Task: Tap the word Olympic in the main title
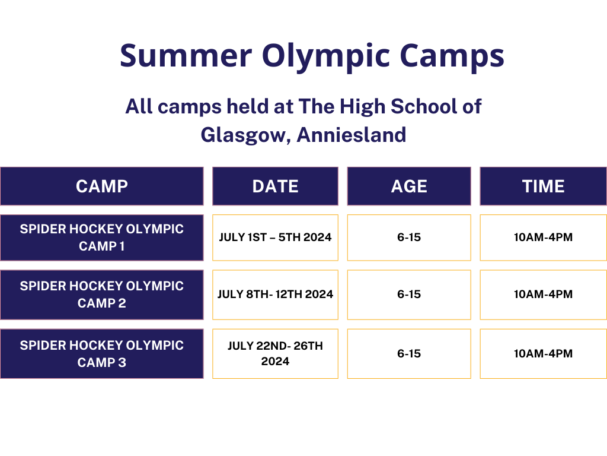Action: click(x=326, y=58)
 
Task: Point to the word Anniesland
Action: click(x=352, y=135)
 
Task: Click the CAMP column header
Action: click(x=102, y=186)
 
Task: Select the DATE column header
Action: click(x=275, y=186)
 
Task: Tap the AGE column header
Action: click(x=409, y=186)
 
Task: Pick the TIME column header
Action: click(x=543, y=186)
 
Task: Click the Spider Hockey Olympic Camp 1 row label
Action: click(x=102, y=237)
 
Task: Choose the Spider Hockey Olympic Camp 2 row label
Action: click(x=102, y=294)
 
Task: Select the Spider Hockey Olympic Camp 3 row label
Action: click(x=102, y=354)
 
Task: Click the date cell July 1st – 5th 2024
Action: click(x=275, y=237)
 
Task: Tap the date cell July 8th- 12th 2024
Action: click(x=275, y=294)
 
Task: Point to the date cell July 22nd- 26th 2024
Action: click(x=275, y=354)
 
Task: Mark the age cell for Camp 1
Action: click(x=409, y=237)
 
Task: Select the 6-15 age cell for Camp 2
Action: click(x=409, y=294)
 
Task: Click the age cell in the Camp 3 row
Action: click(x=409, y=354)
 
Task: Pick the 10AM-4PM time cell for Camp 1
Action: click(x=543, y=237)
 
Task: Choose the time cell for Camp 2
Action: click(x=543, y=294)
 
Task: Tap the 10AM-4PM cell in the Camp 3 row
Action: click(x=543, y=354)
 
